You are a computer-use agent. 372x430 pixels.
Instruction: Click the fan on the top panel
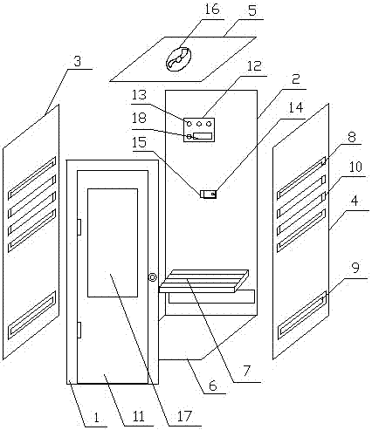[178, 59]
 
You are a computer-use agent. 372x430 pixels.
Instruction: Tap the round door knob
[153, 277]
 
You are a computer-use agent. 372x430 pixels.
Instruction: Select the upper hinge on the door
[79, 227]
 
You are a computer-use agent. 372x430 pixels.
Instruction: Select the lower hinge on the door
[79, 331]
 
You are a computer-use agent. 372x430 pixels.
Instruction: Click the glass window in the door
[113, 242]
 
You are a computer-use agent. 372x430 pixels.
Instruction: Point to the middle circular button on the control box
[199, 124]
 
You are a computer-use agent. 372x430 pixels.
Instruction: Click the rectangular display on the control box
[203, 135]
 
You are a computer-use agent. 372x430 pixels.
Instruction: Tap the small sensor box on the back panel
[209, 194]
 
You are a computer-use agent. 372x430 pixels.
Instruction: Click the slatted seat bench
[204, 281]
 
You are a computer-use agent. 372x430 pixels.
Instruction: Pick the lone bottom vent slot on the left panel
[31, 315]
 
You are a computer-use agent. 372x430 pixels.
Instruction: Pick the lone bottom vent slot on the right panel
[302, 315]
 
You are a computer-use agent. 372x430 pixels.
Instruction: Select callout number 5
[252, 10]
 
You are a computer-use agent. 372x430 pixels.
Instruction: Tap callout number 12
[254, 66]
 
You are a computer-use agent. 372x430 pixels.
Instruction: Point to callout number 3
[78, 62]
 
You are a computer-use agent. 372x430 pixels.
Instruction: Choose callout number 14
[296, 107]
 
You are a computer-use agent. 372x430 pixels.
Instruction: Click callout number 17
[184, 417]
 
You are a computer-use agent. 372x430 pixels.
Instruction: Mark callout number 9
[355, 268]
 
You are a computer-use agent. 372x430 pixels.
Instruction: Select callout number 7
[246, 371]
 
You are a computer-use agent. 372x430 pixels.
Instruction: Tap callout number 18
[139, 119]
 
